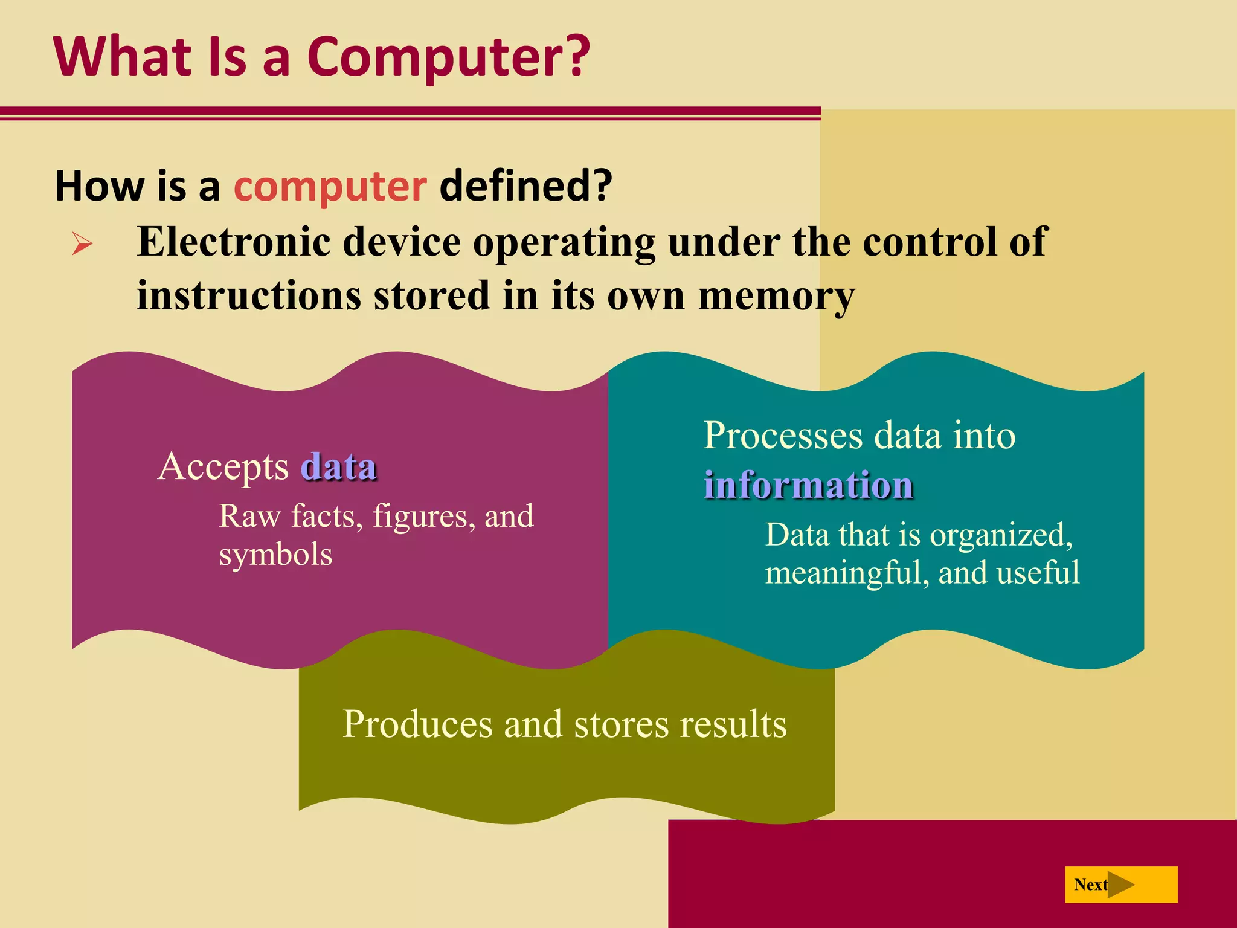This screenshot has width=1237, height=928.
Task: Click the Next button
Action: pos(1120,884)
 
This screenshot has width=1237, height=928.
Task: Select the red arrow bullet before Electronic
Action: pos(82,244)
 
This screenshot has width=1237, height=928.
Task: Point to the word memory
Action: pos(776,296)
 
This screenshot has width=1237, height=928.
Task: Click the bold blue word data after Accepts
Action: pos(339,466)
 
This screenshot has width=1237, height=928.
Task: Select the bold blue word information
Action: pos(808,485)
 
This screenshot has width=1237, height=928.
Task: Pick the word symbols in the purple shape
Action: pos(275,554)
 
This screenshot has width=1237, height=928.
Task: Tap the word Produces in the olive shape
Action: pos(417,724)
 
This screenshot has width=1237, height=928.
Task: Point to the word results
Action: pos(733,724)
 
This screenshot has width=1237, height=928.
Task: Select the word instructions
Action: pos(249,296)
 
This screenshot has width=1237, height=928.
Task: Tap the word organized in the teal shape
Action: pos(1000,535)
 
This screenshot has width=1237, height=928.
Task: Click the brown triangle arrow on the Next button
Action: pos(1120,885)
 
